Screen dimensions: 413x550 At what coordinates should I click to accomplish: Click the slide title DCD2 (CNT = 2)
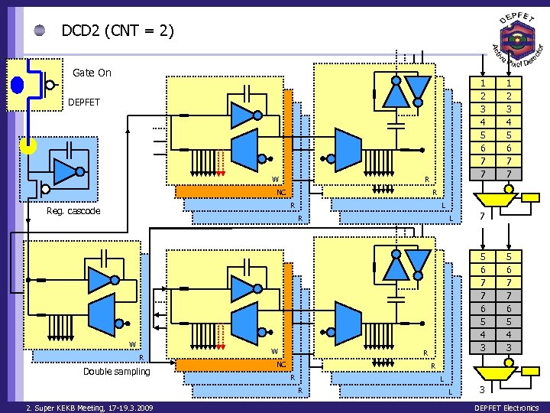pos(118,31)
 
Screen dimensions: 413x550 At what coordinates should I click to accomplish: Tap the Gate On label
pos(92,73)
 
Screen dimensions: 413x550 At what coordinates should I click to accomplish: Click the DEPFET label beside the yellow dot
pos(84,102)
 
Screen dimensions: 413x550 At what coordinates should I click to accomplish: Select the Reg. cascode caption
pos(73,211)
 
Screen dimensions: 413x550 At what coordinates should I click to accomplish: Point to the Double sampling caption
pos(117,371)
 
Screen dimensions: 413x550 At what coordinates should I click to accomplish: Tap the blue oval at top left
pos(17,83)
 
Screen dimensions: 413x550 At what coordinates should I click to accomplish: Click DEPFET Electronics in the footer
pos(506,408)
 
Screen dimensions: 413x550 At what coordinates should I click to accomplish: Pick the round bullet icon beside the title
pos(40,31)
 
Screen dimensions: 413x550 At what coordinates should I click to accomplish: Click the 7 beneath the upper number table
pos(482,218)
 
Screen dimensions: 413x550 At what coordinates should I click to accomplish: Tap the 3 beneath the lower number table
pos(482,390)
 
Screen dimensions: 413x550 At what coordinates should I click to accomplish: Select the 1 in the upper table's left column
pos(482,83)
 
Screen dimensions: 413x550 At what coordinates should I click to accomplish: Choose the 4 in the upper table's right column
pos(509,122)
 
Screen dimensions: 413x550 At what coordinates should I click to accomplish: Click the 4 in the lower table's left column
pos(482,335)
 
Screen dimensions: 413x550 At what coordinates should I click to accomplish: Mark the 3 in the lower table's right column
pos(509,348)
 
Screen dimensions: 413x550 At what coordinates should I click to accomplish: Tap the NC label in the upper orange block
pos(281,193)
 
